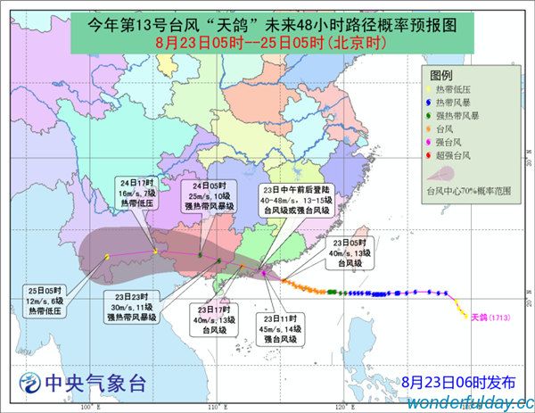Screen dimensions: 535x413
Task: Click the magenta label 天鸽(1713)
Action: [x=489, y=317]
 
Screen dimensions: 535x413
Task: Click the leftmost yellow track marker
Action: [x=108, y=257]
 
